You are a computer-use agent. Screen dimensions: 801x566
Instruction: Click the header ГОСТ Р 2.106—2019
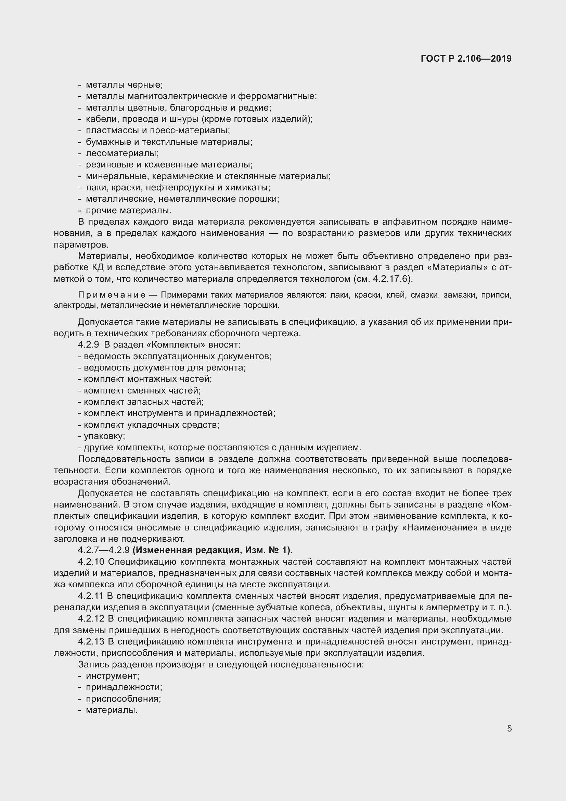466,59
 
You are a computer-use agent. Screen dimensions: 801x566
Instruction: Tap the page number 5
509,729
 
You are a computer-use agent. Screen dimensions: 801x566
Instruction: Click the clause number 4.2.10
91,562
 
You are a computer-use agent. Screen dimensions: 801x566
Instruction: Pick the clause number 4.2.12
91,618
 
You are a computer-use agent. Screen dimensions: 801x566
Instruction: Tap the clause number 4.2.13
91,641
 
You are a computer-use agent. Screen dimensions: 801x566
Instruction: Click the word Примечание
112,295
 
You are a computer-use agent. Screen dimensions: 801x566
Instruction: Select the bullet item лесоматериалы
122,153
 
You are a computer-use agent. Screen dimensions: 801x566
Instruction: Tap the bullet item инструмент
113,676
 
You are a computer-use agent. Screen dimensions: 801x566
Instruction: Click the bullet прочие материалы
129,211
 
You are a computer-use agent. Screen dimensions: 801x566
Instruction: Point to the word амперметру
452,608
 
